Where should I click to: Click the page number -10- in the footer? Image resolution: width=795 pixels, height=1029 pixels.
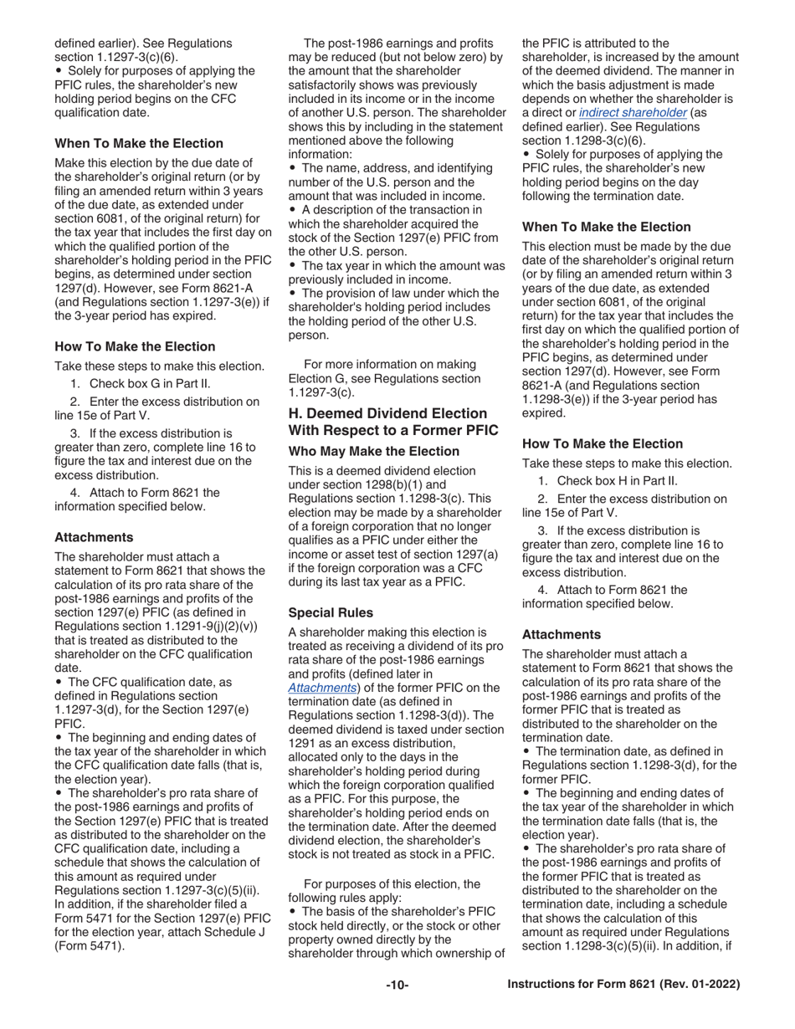(x=397, y=985)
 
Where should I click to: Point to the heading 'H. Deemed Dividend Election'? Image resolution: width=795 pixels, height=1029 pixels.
(x=387, y=413)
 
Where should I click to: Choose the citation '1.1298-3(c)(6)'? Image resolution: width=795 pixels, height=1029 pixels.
(x=604, y=141)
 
